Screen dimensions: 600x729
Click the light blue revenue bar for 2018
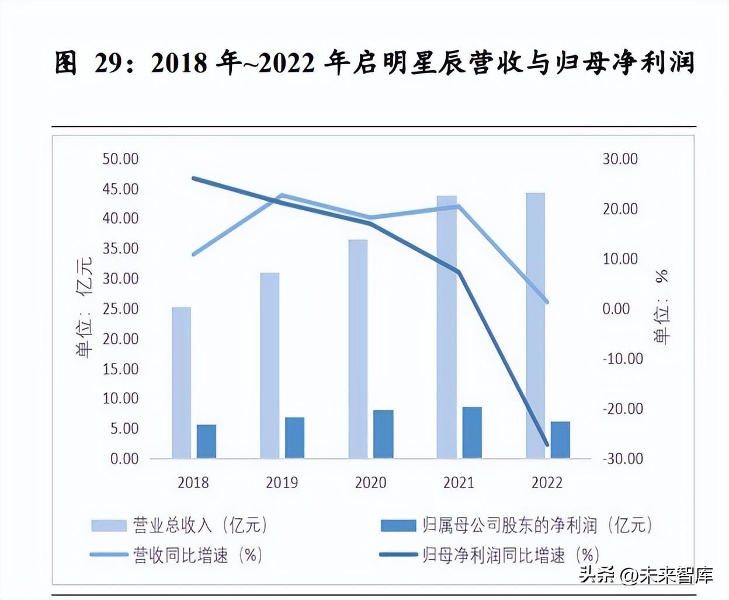coord(181,382)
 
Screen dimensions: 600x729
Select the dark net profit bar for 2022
coord(560,439)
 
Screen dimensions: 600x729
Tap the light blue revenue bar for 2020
coord(358,348)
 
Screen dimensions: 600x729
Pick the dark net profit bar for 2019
coord(294,437)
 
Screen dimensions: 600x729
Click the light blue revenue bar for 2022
coord(535,325)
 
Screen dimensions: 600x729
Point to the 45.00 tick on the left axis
coord(120,189)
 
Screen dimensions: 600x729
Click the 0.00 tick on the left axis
coord(124,459)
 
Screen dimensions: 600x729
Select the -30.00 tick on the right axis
coord(623,459)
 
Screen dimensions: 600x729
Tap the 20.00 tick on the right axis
coord(620,209)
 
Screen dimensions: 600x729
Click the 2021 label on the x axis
coord(459,483)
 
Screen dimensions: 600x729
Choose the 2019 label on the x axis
coord(282,483)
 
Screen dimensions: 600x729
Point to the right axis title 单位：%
coord(662,307)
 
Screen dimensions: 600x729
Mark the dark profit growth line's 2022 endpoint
coord(547,445)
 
